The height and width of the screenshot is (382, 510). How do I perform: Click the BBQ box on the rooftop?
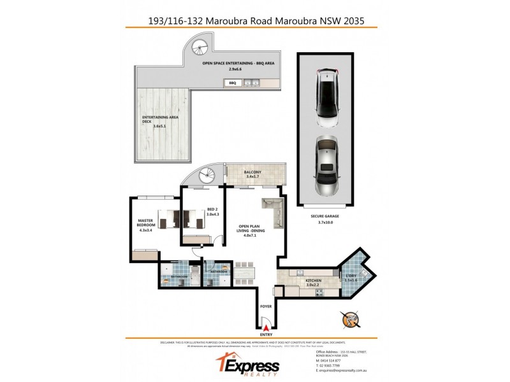point(232,83)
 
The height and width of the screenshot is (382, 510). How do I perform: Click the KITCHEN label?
point(313,280)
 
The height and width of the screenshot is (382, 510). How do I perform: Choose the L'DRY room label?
point(351,277)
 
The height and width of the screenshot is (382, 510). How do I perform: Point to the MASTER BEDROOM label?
point(147,223)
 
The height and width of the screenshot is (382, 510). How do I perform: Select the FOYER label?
point(266,306)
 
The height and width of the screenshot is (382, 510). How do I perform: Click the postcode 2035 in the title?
point(353,20)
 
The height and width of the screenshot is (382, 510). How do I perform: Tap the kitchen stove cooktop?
point(295,274)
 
